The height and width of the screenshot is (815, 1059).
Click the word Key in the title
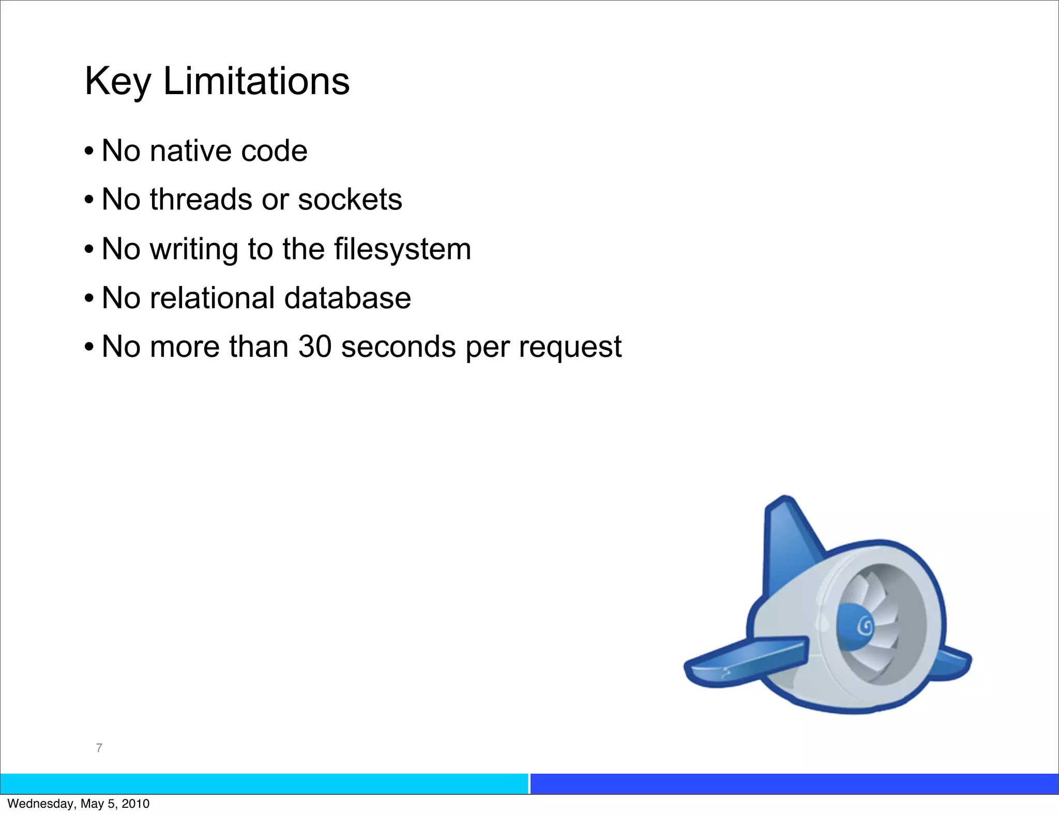point(117,82)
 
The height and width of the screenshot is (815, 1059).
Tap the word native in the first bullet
point(190,151)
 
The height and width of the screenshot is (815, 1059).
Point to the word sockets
point(350,200)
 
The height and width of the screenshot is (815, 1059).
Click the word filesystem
point(402,249)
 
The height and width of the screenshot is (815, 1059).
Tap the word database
point(347,298)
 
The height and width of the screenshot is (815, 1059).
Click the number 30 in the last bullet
point(314,346)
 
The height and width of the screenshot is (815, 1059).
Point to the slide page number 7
point(99,748)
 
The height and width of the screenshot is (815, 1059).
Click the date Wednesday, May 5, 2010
point(79,804)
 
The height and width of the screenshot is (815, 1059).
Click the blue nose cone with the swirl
point(856,626)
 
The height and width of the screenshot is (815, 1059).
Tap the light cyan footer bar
point(264,783)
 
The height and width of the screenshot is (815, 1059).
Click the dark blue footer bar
point(794,783)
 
